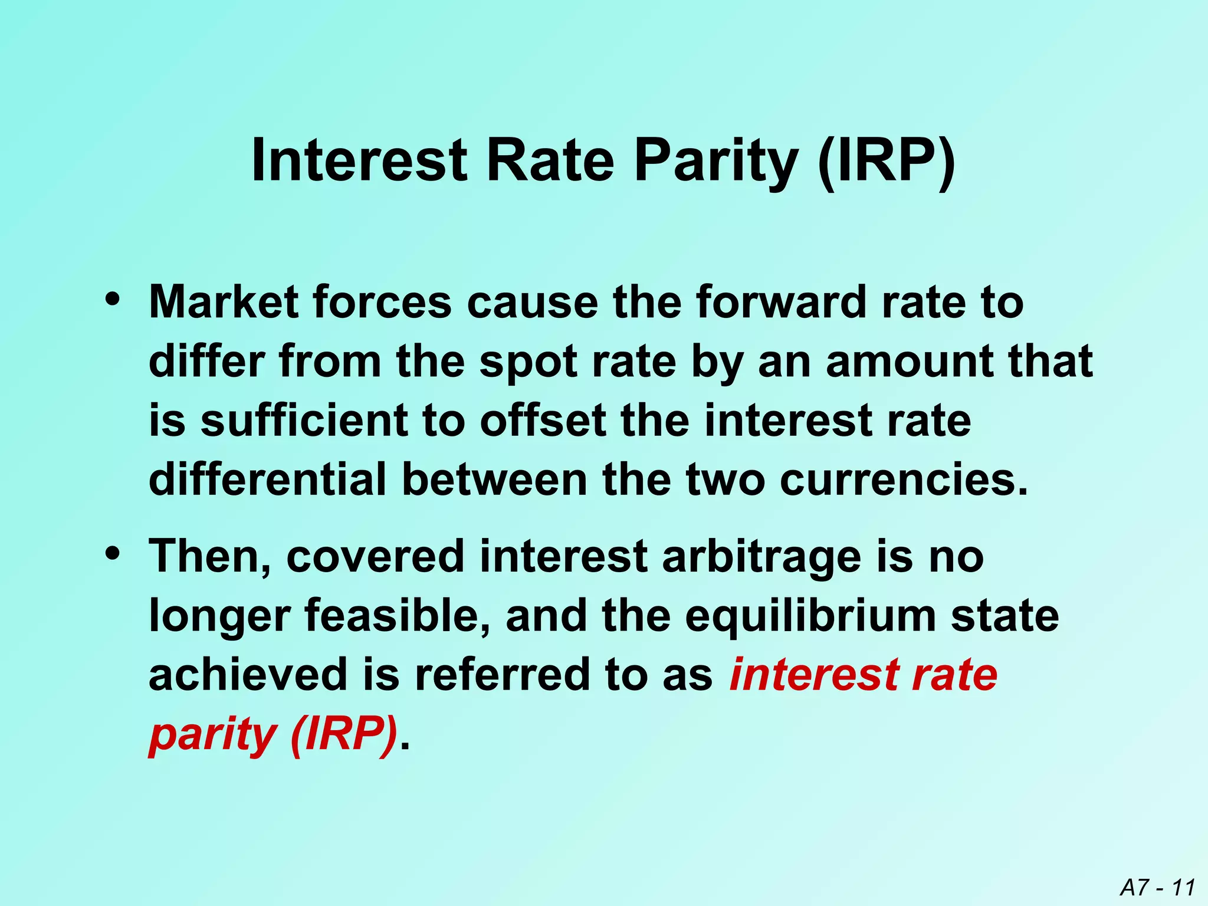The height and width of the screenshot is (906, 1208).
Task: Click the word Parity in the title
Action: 717,162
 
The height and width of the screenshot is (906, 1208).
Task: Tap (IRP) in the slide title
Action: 887,162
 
